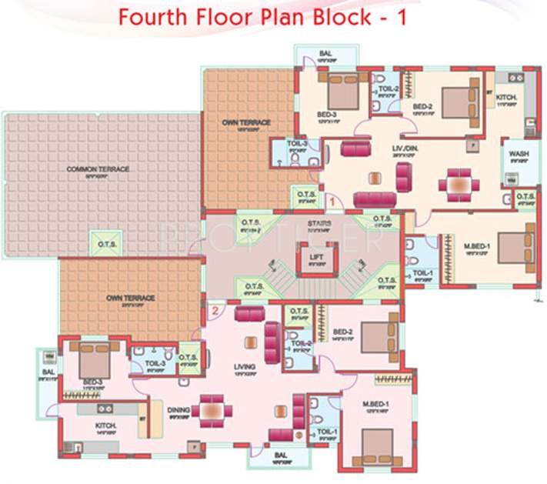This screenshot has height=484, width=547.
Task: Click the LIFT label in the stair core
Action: [x=315, y=257]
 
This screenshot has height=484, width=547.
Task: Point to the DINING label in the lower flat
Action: [x=178, y=410]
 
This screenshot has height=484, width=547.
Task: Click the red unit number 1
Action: [x=332, y=201]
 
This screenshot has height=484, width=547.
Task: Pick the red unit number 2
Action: [x=216, y=311]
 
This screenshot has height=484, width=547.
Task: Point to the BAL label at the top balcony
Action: [x=325, y=54]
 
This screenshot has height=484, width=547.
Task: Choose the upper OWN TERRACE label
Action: [x=246, y=123]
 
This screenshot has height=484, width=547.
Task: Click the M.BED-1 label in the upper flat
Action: [x=478, y=246]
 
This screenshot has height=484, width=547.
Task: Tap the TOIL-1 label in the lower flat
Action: [x=325, y=432]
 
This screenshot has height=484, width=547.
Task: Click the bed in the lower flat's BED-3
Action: [x=95, y=360]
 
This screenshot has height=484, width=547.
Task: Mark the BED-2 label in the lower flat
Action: [x=342, y=332]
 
